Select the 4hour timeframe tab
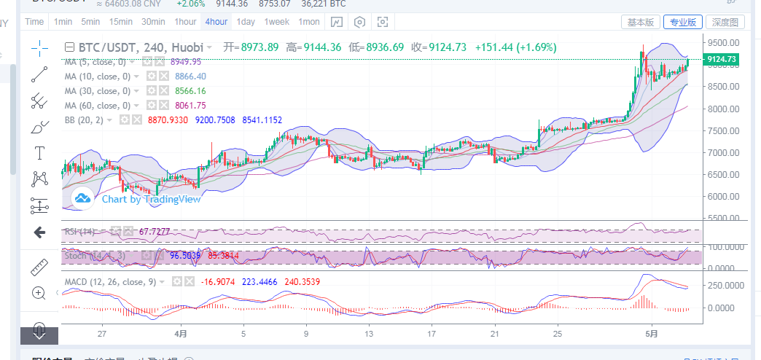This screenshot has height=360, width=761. (x=216, y=22)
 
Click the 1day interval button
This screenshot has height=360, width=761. (x=246, y=22)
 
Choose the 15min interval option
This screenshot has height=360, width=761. (x=121, y=22)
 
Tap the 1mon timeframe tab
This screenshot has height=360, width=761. (x=308, y=22)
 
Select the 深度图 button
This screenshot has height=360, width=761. (x=725, y=23)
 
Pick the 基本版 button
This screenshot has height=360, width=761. (x=641, y=23)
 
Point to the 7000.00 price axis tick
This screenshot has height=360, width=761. (x=722, y=153)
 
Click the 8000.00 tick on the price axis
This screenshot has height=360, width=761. (x=722, y=109)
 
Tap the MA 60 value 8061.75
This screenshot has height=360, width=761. (x=190, y=106)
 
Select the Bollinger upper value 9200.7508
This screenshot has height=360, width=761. (x=215, y=120)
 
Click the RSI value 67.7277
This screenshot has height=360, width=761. (x=155, y=232)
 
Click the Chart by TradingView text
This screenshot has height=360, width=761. (x=151, y=198)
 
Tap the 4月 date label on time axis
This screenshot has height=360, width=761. (x=181, y=334)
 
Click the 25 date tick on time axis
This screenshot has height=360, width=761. (x=558, y=334)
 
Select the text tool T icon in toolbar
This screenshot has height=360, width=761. (x=39, y=152)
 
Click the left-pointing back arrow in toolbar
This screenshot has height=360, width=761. (x=39, y=232)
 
